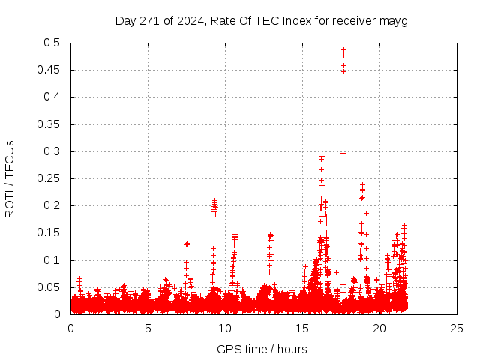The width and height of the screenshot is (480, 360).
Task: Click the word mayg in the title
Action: (394, 21)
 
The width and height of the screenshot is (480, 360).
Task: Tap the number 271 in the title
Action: (151, 21)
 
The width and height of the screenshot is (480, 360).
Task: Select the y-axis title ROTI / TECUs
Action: (10, 178)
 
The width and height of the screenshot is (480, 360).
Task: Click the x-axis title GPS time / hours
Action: (262, 349)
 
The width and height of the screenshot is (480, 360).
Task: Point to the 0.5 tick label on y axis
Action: (55, 43)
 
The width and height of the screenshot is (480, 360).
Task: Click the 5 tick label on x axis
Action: (148, 328)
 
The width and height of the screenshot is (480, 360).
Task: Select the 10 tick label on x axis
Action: (225, 328)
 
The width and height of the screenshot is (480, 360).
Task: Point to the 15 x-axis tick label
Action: (302, 328)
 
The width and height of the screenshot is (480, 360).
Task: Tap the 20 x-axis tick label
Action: (379, 328)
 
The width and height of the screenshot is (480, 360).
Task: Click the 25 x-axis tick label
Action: (457, 328)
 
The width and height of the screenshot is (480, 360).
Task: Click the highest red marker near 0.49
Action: (343, 49)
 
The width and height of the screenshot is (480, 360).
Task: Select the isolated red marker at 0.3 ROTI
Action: (343, 153)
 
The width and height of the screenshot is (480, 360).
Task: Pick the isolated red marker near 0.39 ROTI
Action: (343, 100)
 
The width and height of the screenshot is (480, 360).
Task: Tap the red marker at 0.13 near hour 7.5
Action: (187, 243)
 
